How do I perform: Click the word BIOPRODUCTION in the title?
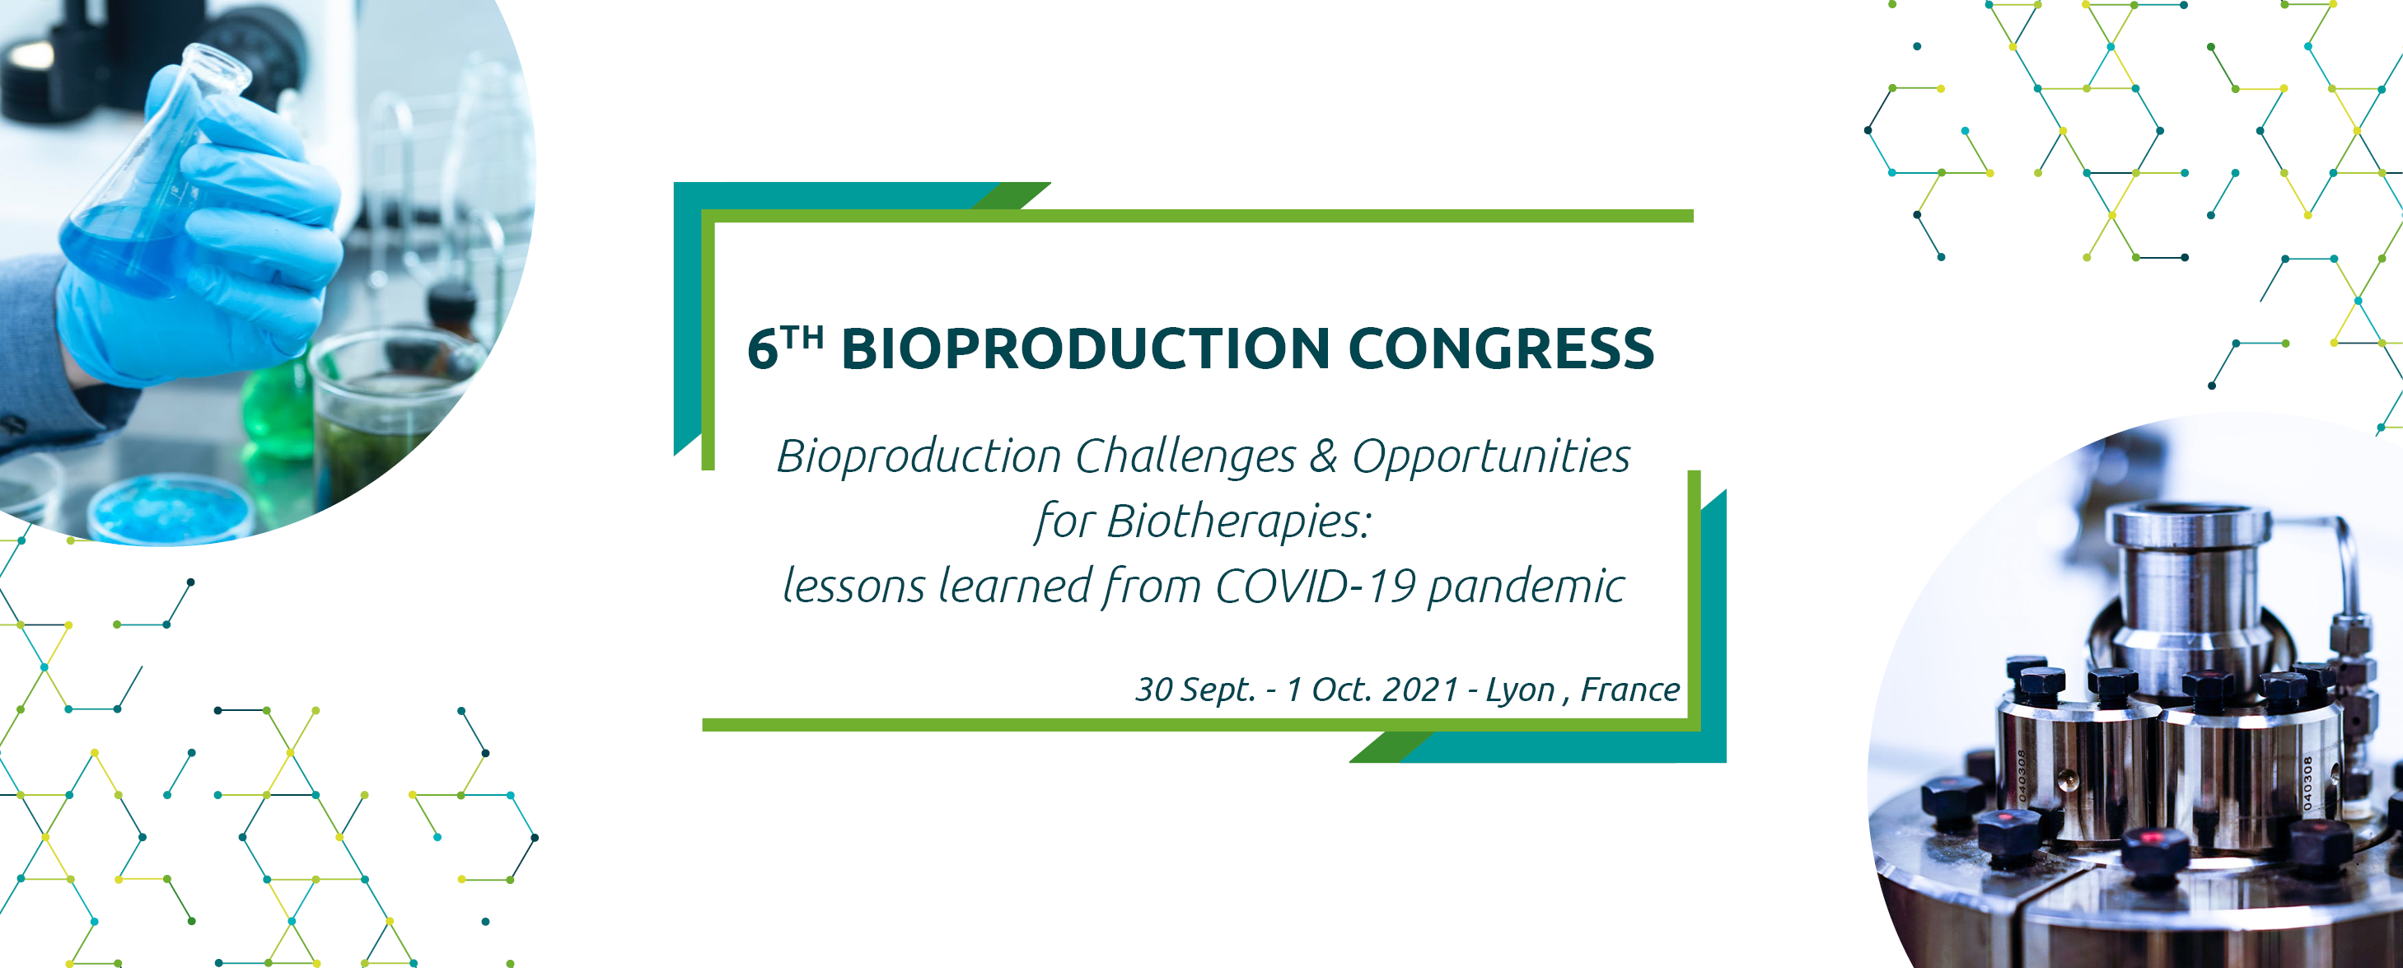click(1085, 348)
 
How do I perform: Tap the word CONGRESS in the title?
click(1501, 348)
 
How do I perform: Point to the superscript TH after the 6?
click(802, 337)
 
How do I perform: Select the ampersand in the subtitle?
click(1324, 457)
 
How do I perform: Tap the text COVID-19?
click(1316, 587)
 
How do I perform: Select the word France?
click(1629, 690)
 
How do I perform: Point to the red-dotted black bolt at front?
click(2155, 849)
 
